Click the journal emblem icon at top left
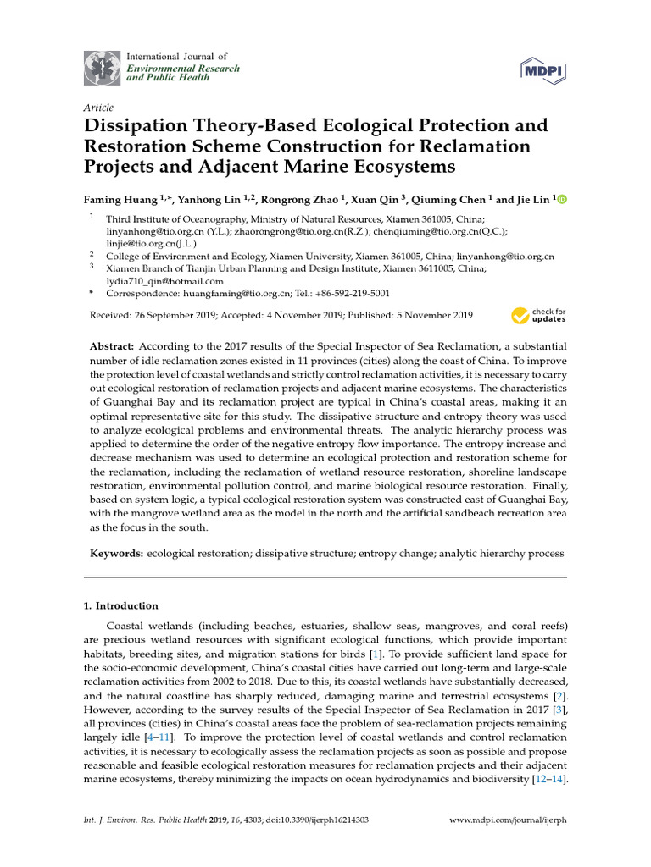click(102, 67)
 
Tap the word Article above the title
click(98, 108)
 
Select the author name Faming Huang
click(121, 200)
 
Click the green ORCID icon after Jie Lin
click(561, 200)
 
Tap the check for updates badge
click(538, 316)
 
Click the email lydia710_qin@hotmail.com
click(164, 281)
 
